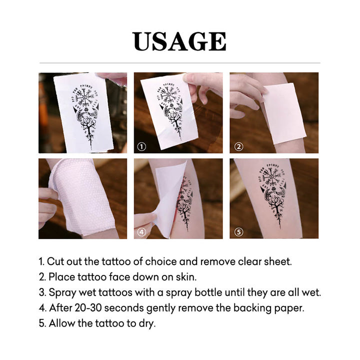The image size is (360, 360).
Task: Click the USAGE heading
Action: point(179,42)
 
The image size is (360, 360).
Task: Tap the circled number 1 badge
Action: point(141,147)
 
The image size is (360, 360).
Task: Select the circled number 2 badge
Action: point(238,146)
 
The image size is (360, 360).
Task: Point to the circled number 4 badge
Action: point(141,232)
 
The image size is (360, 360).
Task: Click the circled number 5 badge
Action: point(238,232)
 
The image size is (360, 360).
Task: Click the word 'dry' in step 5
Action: point(147,323)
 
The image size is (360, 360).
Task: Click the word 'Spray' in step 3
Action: point(60,292)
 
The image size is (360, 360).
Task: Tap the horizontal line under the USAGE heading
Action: point(179,63)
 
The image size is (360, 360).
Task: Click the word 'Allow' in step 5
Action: point(60,323)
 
